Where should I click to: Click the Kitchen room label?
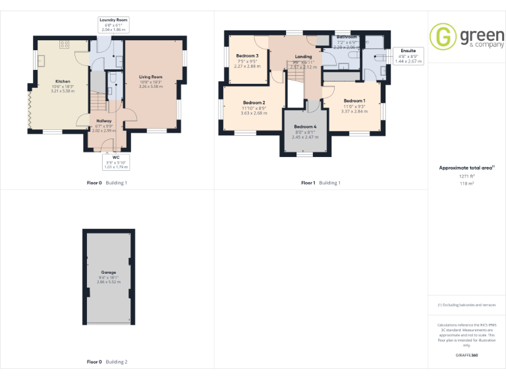click(x=63, y=81)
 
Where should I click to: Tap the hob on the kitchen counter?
click(x=65, y=45)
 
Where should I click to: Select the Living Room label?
click(x=151, y=77)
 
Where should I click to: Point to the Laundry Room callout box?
click(x=113, y=25)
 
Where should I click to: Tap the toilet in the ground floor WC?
click(x=113, y=81)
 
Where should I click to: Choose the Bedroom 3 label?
click(x=247, y=56)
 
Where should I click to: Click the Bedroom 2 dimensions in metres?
click(x=254, y=113)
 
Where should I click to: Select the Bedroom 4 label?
click(x=305, y=127)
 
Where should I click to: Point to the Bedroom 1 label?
click(x=354, y=100)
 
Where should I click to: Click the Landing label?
click(x=304, y=57)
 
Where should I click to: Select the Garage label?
click(x=109, y=272)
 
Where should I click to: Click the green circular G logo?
click(x=442, y=36)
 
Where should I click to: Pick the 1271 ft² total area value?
click(x=467, y=176)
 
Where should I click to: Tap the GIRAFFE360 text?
click(x=467, y=356)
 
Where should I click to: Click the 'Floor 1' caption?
click(x=308, y=183)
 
